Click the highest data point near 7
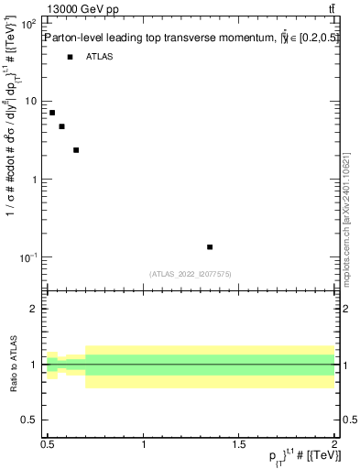point(52,113)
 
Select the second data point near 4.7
point(61,126)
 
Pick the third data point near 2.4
point(76,150)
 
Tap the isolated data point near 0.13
point(210,247)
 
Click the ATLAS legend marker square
point(70,57)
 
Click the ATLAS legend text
point(100,57)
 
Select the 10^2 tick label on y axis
point(28,24)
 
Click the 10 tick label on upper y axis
point(31,102)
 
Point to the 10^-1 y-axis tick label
point(28,258)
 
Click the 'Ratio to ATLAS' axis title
point(12,364)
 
